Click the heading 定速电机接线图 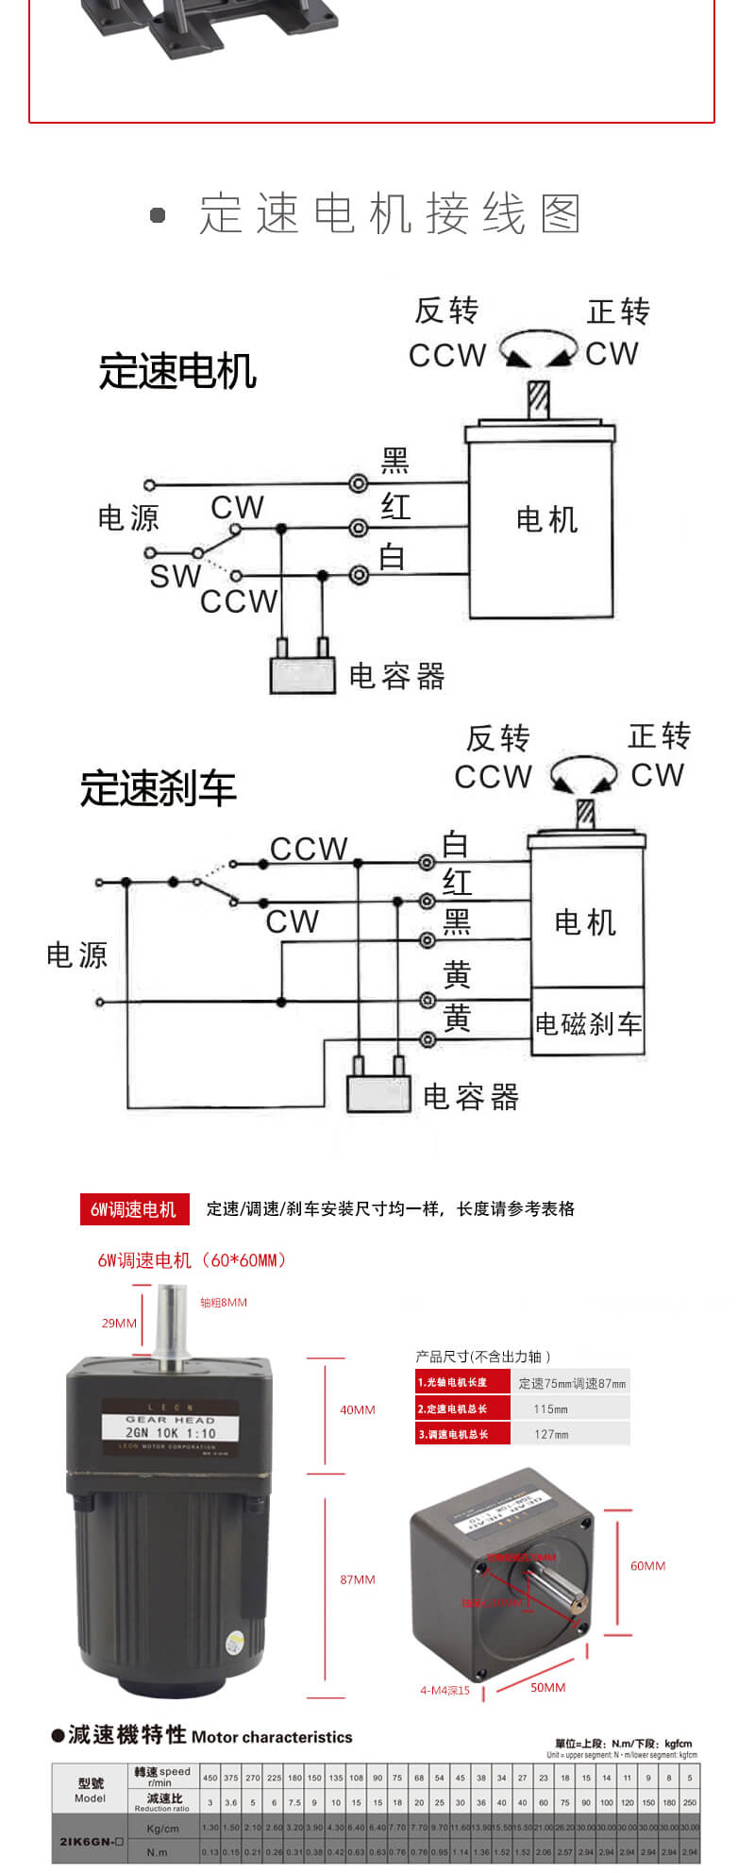[390, 214]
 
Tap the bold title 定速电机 [177, 371]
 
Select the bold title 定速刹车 [158, 789]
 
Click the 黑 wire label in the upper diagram [394, 461]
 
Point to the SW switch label [175, 576]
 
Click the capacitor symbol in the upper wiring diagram [303, 673]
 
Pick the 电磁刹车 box [588, 1023]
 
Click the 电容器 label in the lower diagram [471, 1097]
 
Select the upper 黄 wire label [457, 974]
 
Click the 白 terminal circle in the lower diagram [427, 862]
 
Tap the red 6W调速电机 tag [133, 1209]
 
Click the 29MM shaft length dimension [119, 1323]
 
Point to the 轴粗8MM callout [224, 1302]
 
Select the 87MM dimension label [358, 1578]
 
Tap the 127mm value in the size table [550, 1434]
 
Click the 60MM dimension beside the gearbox [647, 1565]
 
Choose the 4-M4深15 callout [445, 1690]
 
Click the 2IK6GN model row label [91, 1841]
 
